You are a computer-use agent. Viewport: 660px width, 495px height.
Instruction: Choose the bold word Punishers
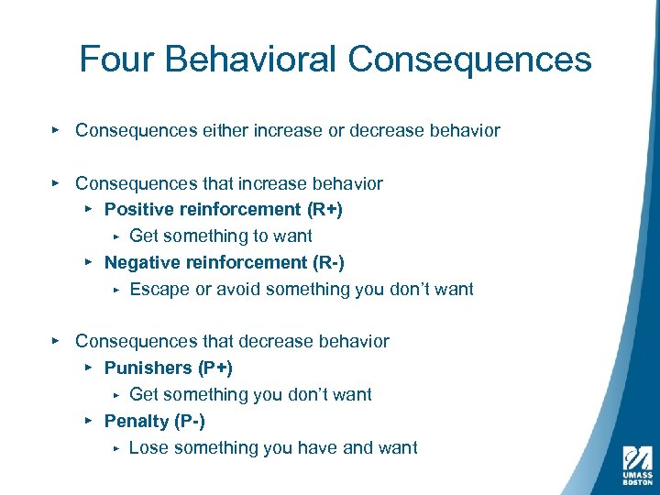coord(148,368)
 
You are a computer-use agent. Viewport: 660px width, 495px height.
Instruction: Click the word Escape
coord(157,290)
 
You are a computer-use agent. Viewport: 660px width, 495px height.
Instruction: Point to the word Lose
coord(148,448)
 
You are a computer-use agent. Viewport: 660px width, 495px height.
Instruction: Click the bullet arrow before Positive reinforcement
coord(88,209)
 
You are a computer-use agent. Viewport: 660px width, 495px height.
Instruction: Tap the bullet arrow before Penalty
coord(88,421)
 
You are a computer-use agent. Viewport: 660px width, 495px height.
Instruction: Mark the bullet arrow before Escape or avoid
coord(115,290)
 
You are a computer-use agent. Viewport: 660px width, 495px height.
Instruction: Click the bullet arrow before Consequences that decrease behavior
coord(56,341)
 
